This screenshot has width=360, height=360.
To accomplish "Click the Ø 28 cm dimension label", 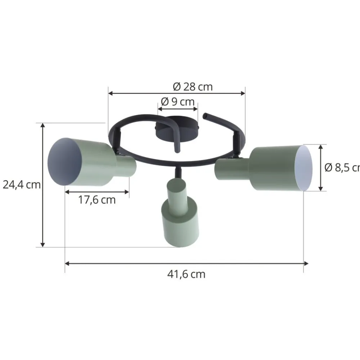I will click(193, 87).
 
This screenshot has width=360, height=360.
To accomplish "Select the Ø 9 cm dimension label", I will click(177, 102).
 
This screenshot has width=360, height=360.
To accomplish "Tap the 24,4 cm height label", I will click(21, 185).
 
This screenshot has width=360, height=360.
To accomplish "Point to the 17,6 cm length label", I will click(97, 200).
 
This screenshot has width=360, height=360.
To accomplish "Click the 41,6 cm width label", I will click(186, 274).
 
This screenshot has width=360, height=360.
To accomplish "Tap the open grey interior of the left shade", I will click(65, 162).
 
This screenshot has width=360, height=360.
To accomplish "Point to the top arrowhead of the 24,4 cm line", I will click(43, 125).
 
